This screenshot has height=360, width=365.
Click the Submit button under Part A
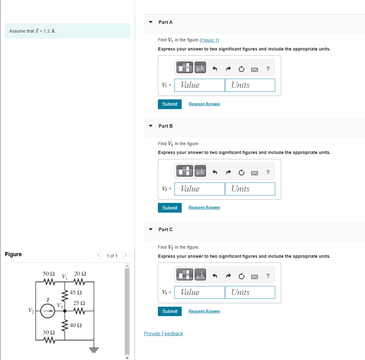tap(169, 104)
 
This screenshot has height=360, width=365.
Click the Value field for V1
tap(199, 85)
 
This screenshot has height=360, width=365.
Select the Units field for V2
tap(250, 189)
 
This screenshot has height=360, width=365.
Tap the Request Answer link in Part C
tap(204, 311)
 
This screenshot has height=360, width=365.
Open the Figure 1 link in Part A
tap(209, 40)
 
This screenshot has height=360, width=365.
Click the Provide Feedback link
tap(163, 334)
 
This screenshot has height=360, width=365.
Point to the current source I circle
tap(48, 311)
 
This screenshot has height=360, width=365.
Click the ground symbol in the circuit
tap(94, 349)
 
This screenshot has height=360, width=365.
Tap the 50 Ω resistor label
tap(49, 274)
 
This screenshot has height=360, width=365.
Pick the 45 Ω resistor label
tap(76, 292)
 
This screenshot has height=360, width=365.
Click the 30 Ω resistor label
tap(49, 332)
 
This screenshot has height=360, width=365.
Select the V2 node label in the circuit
tap(31, 310)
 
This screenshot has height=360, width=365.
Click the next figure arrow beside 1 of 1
tap(125, 256)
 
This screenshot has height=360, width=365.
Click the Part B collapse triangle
tap(151, 126)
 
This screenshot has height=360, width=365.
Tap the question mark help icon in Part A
tap(268, 69)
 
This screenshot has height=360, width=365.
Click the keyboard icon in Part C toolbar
tap(255, 277)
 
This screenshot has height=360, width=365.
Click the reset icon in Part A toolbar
tap(241, 69)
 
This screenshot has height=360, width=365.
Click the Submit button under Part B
tap(169, 208)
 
